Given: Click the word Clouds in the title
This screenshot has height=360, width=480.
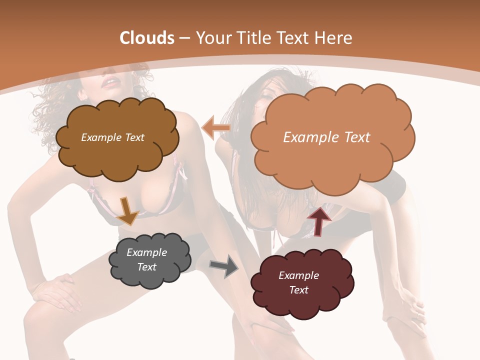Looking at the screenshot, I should coord(146,38).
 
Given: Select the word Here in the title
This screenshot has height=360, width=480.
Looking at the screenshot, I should coord(333,38).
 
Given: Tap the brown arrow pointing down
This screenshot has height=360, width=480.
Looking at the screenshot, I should coord(127,210).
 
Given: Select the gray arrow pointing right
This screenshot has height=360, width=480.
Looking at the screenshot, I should coord(223,266).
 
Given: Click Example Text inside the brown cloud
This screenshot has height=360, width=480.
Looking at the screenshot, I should coord(112,137).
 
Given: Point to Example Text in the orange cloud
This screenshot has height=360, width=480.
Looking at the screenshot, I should coord(326,137).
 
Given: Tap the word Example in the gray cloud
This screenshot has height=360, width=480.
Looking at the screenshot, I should coord(146,252).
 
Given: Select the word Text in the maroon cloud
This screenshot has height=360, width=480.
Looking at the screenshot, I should coord(298,290).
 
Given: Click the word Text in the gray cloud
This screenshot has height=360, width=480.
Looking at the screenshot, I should coord(146,267).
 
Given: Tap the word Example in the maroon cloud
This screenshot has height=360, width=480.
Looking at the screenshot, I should coord(298,275).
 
